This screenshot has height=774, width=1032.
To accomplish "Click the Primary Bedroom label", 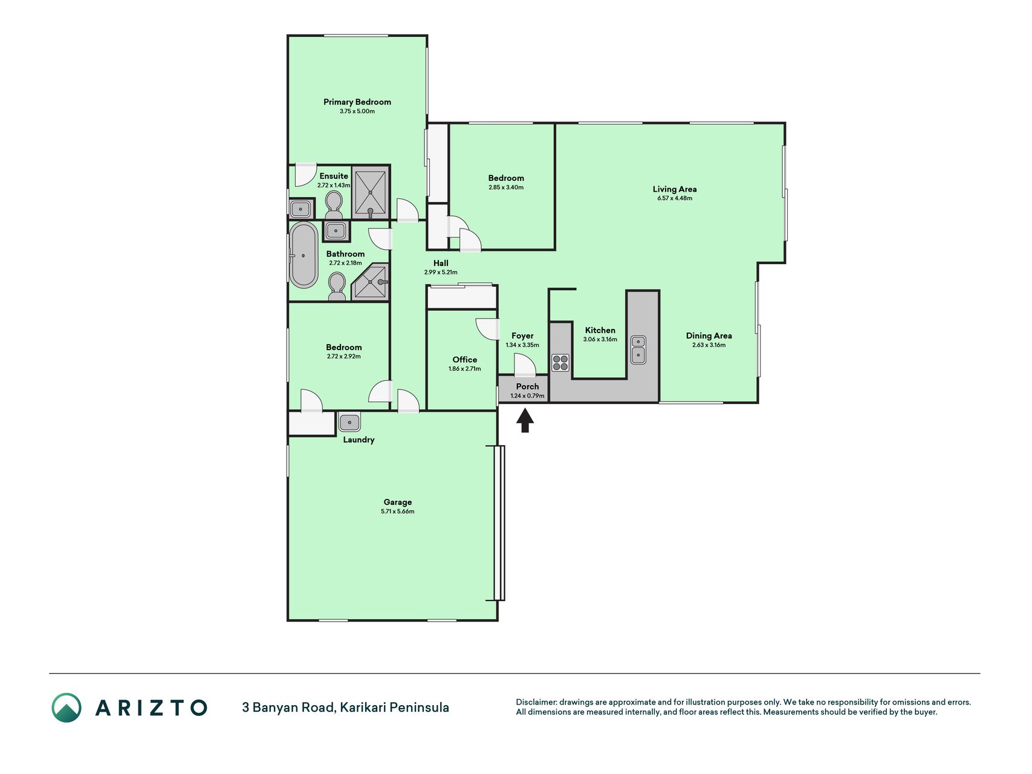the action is (x=357, y=102).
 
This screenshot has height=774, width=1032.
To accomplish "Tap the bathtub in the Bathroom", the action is (x=303, y=255).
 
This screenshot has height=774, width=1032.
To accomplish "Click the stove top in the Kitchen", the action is (x=560, y=363).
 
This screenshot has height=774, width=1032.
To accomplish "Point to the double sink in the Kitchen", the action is (x=638, y=350).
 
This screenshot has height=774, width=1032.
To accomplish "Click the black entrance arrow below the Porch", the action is (x=525, y=420).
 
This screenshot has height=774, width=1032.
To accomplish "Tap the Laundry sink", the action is (x=349, y=421).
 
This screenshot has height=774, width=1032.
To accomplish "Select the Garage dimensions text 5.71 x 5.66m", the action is (x=398, y=512).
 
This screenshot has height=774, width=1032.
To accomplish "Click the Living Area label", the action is (x=675, y=189).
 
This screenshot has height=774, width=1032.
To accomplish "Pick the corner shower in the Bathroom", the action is (x=370, y=282).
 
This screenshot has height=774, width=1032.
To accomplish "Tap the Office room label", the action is (x=465, y=359).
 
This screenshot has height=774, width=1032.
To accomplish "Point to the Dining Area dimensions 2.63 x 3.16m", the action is (x=709, y=345).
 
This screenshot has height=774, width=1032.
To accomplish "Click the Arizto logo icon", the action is (x=67, y=707).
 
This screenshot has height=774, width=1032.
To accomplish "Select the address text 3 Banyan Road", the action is (x=288, y=707).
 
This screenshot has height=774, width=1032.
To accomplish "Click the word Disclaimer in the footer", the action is (x=536, y=702).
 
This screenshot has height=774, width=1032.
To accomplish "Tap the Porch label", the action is (x=527, y=386).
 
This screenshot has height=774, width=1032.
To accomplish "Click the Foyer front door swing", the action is (x=525, y=365).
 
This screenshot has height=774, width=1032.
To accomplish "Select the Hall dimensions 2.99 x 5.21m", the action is (x=441, y=273).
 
